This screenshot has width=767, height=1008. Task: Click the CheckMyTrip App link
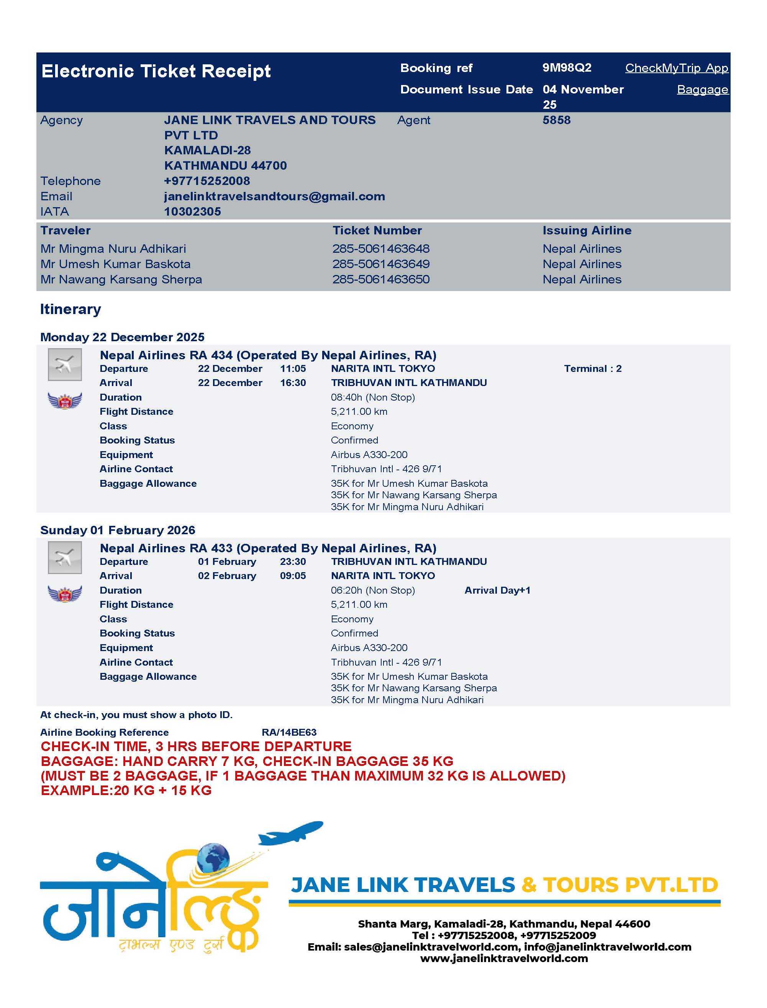pyautogui.click(x=676, y=68)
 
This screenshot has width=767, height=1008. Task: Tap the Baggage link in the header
pyautogui.click(x=702, y=90)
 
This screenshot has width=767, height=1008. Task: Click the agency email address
pyautogui.click(x=274, y=196)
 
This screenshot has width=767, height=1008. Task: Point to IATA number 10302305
pyautogui.click(x=192, y=212)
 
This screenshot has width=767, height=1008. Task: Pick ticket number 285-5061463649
pyautogui.click(x=381, y=264)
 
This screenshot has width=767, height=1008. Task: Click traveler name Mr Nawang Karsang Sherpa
pyautogui.click(x=121, y=279)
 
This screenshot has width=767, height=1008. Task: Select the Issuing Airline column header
pyautogui.click(x=587, y=231)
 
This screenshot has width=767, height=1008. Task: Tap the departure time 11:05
pyautogui.click(x=293, y=369)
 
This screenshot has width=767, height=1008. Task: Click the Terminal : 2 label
pyautogui.click(x=593, y=369)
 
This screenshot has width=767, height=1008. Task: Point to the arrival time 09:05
pyautogui.click(x=293, y=576)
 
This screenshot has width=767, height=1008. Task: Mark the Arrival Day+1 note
pyautogui.click(x=497, y=591)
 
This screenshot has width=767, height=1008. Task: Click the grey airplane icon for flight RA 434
pyautogui.click(x=65, y=365)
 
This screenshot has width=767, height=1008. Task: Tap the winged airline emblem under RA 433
pyautogui.click(x=65, y=593)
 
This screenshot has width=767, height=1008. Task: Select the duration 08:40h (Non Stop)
pyautogui.click(x=372, y=398)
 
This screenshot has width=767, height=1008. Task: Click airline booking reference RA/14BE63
pyautogui.click(x=289, y=732)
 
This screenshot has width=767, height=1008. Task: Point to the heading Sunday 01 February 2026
pyautogui.click(x=117, y=530)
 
